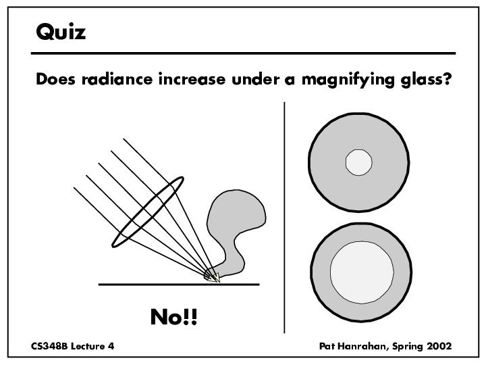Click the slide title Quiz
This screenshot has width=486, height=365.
[x=61, y=31]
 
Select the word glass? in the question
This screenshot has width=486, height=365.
[x=423, y=80]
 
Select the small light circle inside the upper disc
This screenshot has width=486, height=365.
[x=358, y=162]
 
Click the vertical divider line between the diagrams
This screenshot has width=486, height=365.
[x=286, y=216]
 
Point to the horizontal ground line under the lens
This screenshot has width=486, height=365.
[x=135, y=285]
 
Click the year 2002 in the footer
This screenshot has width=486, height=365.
[x=439, y=346]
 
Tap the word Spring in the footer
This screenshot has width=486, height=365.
[x=406, y=346]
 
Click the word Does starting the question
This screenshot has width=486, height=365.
[x=51, y=80]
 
